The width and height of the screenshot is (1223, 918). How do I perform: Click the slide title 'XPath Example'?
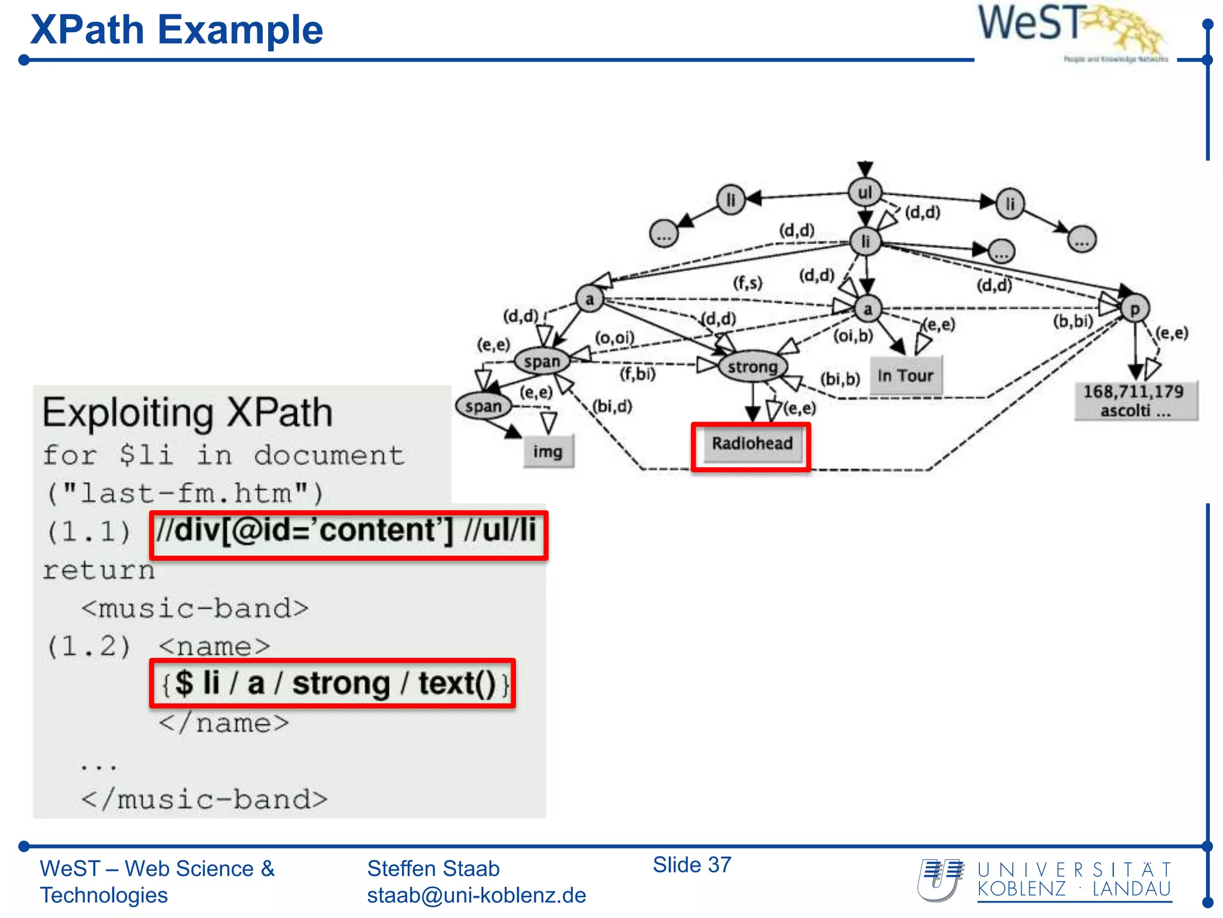click(x=177, y=30)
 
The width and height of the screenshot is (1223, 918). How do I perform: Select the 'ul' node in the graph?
click(x=865, y=192)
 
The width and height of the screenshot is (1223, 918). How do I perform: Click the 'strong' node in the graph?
click(x=752, y=366)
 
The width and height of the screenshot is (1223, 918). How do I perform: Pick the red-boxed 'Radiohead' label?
click(x=752, y=444)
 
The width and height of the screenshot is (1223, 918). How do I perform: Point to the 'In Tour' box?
click(x=905, y=376)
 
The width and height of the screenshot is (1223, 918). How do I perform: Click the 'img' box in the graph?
click(x=548, y=451)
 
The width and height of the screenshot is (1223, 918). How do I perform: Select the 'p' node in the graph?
click(x=1135, y=309)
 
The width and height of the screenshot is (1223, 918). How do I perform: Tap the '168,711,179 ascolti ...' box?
click(x=1134, y=401)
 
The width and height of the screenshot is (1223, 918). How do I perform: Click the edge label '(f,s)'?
click(x=748, y=282)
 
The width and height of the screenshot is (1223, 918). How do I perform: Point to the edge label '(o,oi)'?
click(x=614, y=338)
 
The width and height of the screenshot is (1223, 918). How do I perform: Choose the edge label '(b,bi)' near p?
click(x=1073, y=322)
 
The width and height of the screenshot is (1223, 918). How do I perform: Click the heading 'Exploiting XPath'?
click(x=188, y=412)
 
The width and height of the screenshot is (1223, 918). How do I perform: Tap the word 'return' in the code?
click(x=99, y=570)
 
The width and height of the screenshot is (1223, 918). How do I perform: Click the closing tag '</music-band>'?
click(x=205, y=800)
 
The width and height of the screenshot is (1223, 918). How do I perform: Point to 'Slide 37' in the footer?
click(x=692, y=865)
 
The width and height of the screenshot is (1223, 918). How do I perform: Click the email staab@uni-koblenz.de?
click(x=476, y=895)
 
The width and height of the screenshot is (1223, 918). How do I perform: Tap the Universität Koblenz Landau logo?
click(x=1045, y=880)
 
